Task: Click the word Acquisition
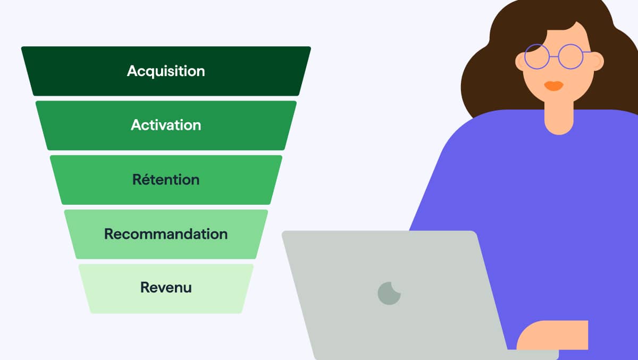coord(166,71)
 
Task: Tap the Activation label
coord(166,125)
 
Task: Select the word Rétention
coord(166,179)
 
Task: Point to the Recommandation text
coord(166,234)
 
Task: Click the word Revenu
coord(166,287)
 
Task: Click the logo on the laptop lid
coord(389,294)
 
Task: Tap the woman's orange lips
coord(553,86)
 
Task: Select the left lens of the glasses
coord(537,56)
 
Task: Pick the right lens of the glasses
coord(570,56)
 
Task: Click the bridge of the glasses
coord(553,57)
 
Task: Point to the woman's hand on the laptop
coord(552,335)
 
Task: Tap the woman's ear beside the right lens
coord(598,61)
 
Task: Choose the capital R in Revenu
coord(145,287)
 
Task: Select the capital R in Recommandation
coord(110,234)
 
